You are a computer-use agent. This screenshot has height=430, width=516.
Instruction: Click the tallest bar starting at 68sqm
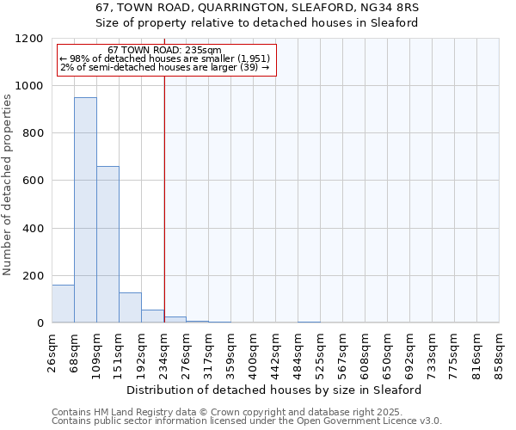coord(85,210)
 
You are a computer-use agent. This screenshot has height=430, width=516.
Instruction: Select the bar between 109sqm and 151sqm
coord(107,244)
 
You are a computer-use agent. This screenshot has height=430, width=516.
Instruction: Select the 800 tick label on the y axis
coord(34,133)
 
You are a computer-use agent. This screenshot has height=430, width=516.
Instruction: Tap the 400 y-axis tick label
coord(34,229)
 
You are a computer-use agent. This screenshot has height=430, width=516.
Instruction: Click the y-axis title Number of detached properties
coord(8,185)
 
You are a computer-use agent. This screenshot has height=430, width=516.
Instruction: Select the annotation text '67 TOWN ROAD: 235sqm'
coord(165,51)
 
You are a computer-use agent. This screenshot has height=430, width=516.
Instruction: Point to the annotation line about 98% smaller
coord(165,58)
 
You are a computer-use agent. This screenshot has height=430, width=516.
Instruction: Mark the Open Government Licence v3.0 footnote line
coord(247,421)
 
